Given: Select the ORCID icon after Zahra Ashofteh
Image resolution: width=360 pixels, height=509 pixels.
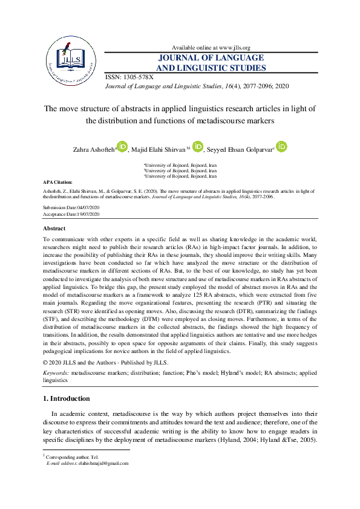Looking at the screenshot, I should [x=123, y=147].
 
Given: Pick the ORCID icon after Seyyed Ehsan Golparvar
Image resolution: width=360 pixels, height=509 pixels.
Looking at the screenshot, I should [x=281, y=147].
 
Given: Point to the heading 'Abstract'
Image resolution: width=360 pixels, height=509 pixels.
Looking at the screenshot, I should [x=54, y=229].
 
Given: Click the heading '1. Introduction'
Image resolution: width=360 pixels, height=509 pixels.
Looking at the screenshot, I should [x=67, y=399].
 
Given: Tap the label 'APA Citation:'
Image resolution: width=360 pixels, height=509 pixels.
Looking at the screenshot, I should [x=57, y=181].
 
